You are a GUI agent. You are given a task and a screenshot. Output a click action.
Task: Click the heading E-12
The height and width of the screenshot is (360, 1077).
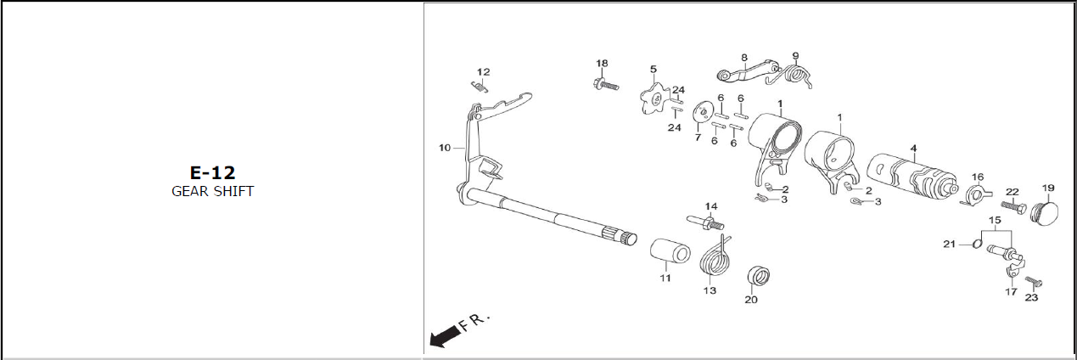pyautogui.click(x=212, y=172)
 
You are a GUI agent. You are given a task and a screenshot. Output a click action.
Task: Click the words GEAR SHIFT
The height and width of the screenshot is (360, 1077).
pyautogui.click(x=212, y=191)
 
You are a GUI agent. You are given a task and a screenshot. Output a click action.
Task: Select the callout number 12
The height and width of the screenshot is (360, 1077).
pyautogui.click(x=483, y=72)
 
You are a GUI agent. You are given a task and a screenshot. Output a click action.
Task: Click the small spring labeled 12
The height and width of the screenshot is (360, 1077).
pyautogui.click(x=480, y=85)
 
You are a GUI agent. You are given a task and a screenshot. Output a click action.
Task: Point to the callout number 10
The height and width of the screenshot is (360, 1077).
pyautogui.click(x=445, y=148)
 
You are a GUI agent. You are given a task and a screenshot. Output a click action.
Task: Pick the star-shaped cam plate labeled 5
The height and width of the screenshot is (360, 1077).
pyautogui.click(x=651, y=98)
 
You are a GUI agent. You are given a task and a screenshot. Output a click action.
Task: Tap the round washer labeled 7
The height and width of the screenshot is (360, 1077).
pyautogui.click(x=702, y=111)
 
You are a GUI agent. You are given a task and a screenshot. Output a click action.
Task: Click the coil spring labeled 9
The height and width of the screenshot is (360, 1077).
pyautogui.click(x=799, y=76)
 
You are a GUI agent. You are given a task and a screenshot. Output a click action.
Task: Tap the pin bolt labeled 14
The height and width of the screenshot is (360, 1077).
pyautogui.click(x=706, y=224)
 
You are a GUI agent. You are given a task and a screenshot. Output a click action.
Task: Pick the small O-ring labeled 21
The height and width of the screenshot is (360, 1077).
pyautogui.click(x=977, y=245)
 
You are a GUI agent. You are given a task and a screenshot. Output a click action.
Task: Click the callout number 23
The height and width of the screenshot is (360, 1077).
pyautogui.click(x=1031, y=297)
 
